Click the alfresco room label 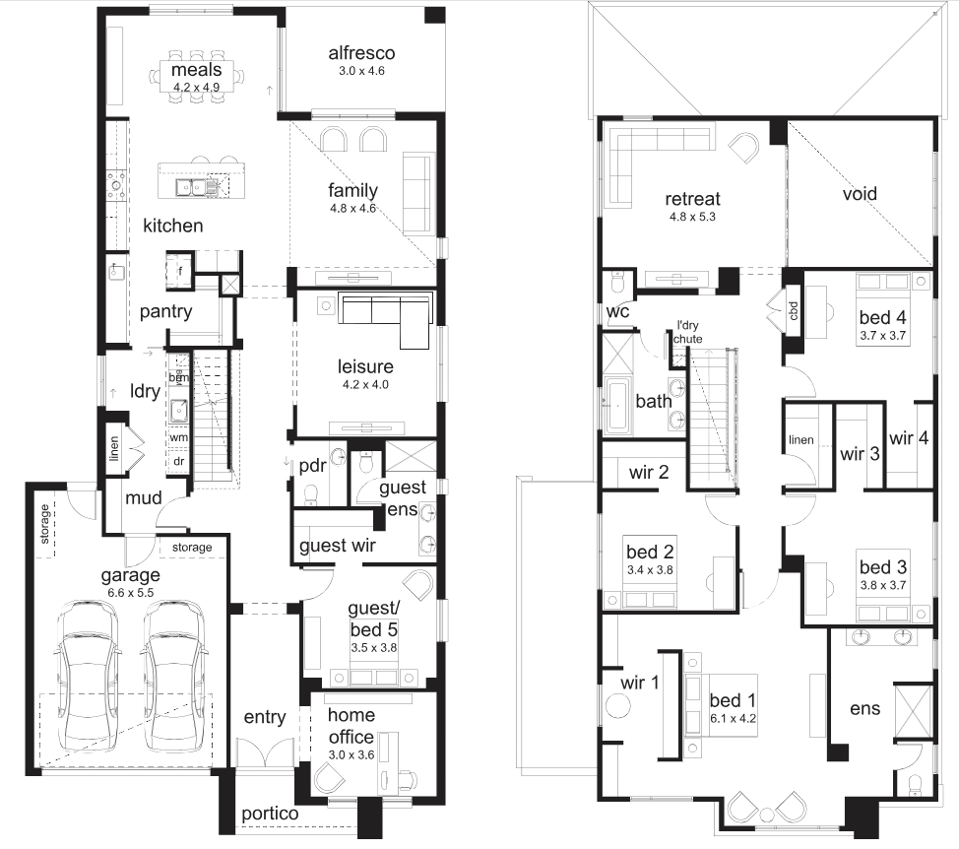(361, 53)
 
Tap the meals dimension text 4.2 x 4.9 (196, 88)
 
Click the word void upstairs (860, 194)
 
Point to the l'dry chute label (688, 332)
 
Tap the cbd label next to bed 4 (794, 310)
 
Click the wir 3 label (860, 454)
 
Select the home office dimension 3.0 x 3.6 (352, 754)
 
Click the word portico (270, 814)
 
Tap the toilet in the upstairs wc (617, 284)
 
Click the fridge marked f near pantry (179, 270)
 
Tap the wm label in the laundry (178, 437)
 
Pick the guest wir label (338, 545)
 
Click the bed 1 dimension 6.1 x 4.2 (733, 718)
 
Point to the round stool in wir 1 (617, 706)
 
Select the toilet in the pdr (311, 493)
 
